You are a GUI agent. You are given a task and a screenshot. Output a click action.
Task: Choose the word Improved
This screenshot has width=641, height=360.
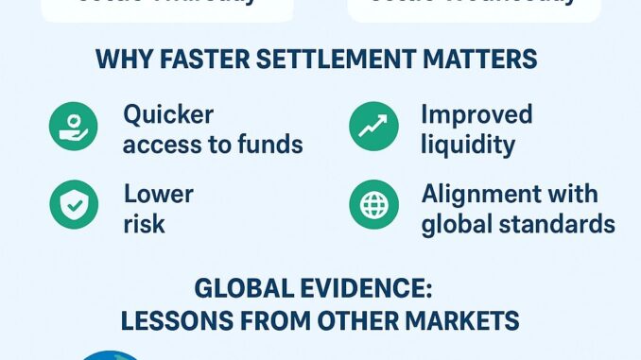(476, 115)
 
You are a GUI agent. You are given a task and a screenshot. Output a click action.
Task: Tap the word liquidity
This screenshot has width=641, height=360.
(467, 146)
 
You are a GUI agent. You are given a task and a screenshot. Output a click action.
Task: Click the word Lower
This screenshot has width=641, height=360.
(159, 195)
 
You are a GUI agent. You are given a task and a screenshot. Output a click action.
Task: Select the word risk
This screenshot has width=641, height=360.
(144, 225)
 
